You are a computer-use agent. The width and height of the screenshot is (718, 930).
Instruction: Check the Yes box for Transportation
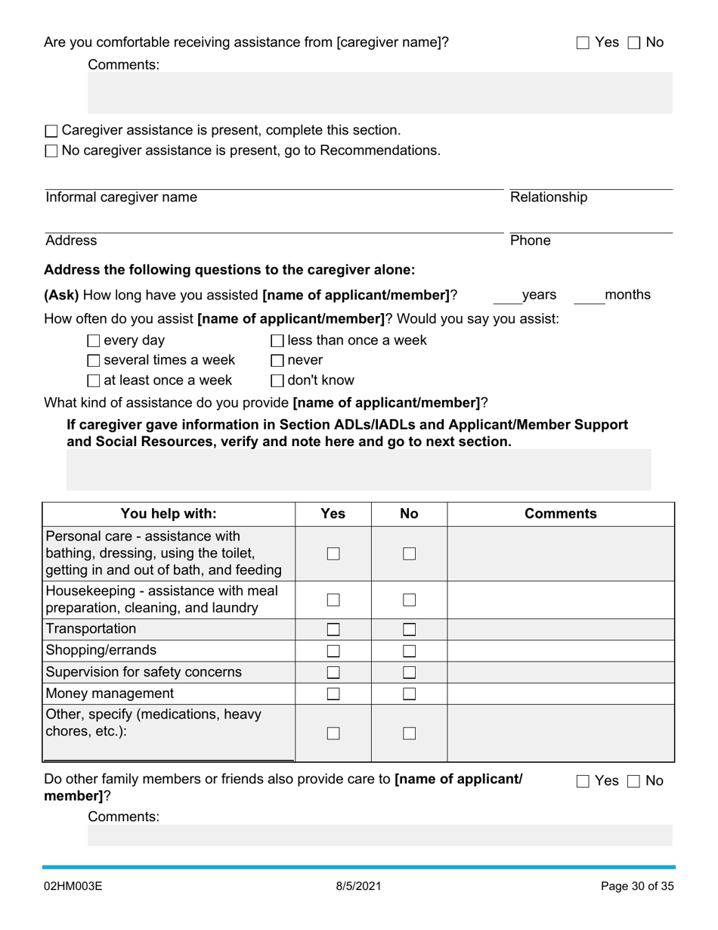coord(333,629)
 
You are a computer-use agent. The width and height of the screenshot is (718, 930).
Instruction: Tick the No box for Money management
coord(409,693)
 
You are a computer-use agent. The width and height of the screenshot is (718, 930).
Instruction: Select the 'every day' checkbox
coord(94,341)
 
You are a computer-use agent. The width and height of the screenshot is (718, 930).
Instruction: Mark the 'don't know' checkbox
coord(277,381)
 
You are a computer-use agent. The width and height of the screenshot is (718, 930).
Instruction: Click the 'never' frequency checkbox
coord(277,361)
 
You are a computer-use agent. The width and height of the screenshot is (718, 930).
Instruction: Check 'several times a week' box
coord(94,361)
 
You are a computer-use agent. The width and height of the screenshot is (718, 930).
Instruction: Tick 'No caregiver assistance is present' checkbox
coord(51,151)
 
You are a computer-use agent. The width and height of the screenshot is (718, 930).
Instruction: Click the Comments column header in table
coord(560,514)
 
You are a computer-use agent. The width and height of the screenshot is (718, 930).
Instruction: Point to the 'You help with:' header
coord(169,514)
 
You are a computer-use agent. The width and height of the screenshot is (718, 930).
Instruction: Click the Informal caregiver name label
coord(121,197)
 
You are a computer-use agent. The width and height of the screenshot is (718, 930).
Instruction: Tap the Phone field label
coord(530,240)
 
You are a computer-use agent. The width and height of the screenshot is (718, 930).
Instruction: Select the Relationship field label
coord(548,197)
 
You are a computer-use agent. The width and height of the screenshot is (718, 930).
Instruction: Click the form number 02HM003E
coord(73,886)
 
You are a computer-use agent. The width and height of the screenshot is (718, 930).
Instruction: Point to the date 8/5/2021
coord(358,886)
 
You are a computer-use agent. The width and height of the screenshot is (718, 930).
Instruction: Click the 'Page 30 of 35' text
coord(636,886)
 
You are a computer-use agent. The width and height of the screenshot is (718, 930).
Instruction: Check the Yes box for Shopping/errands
coord(333,651)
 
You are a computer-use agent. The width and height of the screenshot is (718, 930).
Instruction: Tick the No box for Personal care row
coord(409,553)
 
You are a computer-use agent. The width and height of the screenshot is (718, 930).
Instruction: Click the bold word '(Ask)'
coord(61,295)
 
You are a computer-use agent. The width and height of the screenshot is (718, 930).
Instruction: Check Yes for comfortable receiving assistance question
coord(583,43)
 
